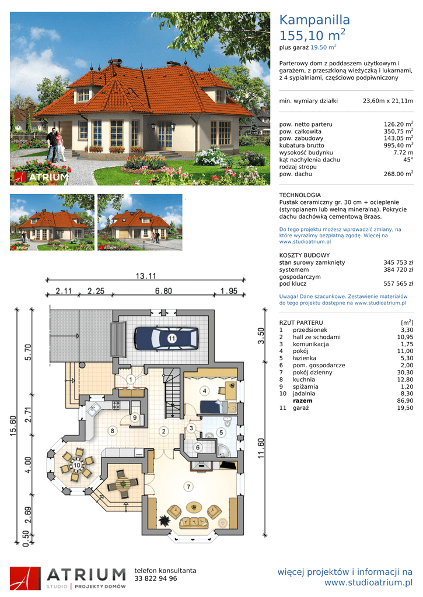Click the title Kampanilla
314,20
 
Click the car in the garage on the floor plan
166,338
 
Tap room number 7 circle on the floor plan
188,487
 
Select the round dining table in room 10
76,465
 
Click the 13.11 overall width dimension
146,276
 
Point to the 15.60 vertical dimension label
13,426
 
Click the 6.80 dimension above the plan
163,291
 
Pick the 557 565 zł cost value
398,284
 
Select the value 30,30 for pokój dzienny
405,373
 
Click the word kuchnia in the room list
304,380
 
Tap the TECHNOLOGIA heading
300,195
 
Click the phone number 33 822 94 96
155,578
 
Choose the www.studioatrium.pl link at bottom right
369,582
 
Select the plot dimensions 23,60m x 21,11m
388,101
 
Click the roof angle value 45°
408,160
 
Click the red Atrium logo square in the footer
25,578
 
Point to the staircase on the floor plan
173,393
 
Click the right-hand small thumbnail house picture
140,222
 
